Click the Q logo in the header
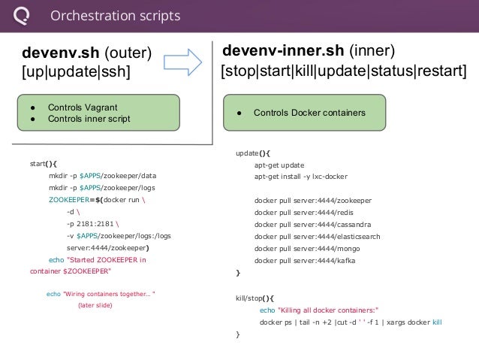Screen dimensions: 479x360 [x=23, y=16]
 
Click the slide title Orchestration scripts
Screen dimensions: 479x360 [x=115, y=16]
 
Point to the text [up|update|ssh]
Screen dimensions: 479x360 [x=75, y=73]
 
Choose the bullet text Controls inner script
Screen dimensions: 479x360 [x=88, y=119]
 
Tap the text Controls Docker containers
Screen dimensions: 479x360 [x=309, y=113]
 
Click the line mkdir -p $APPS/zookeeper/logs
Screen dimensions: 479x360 [x=102, y=188]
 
